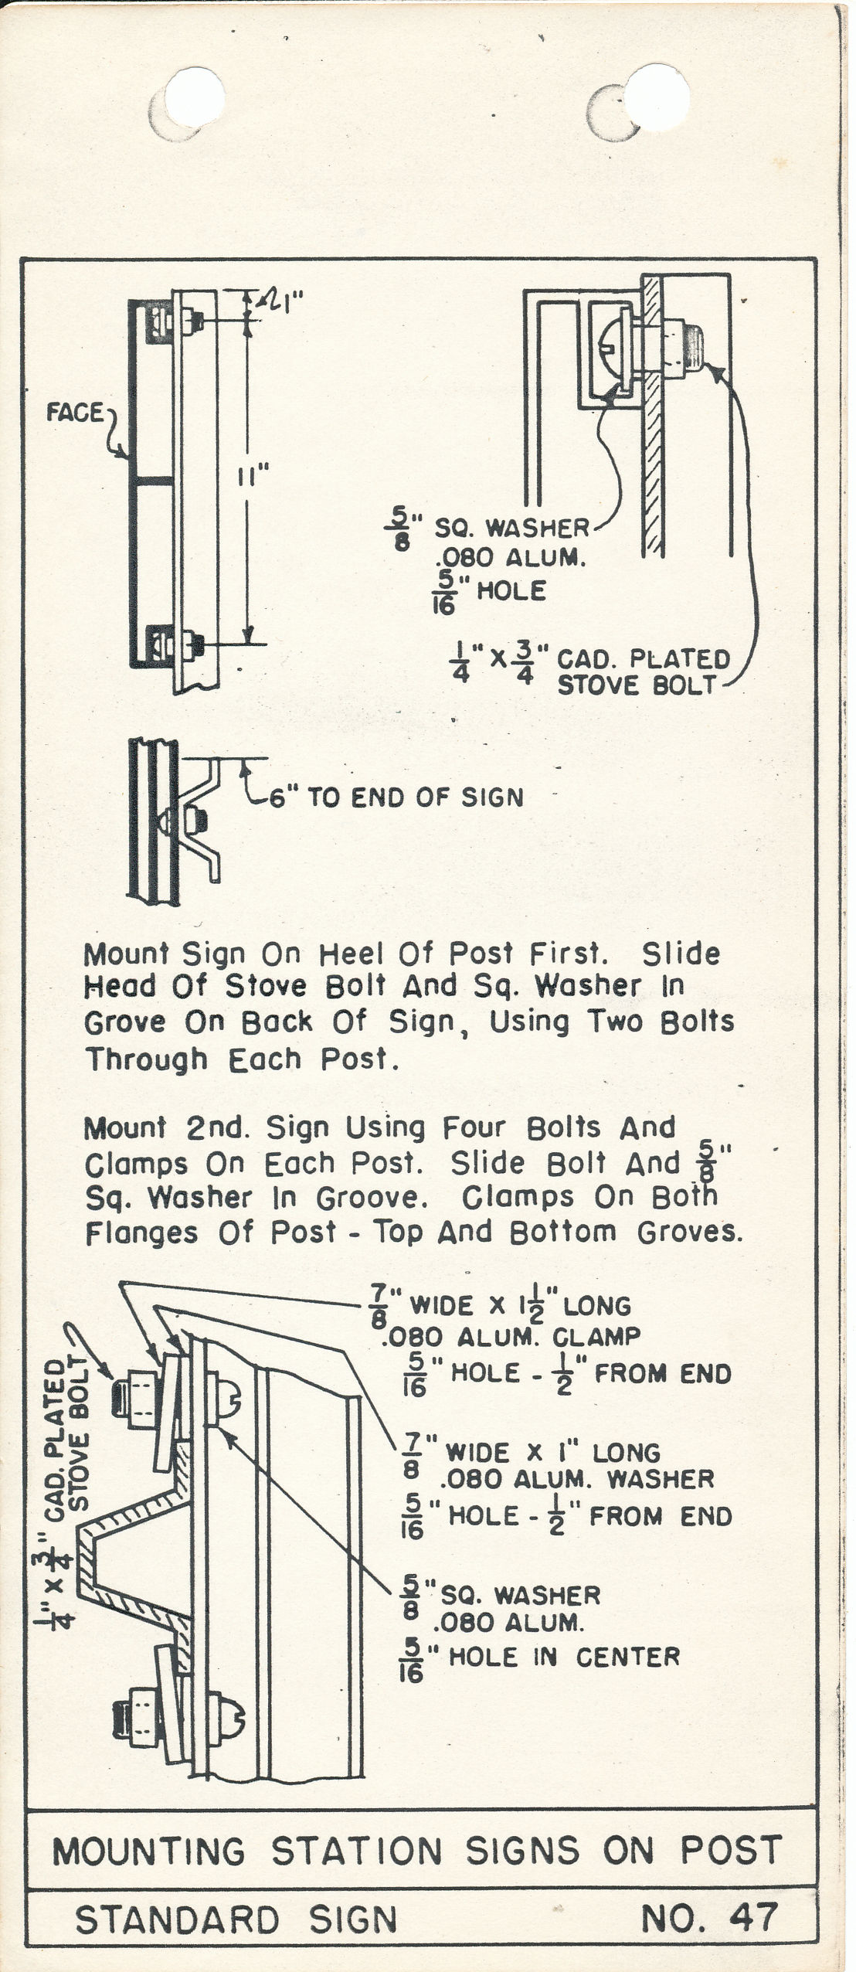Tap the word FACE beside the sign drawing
74,413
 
